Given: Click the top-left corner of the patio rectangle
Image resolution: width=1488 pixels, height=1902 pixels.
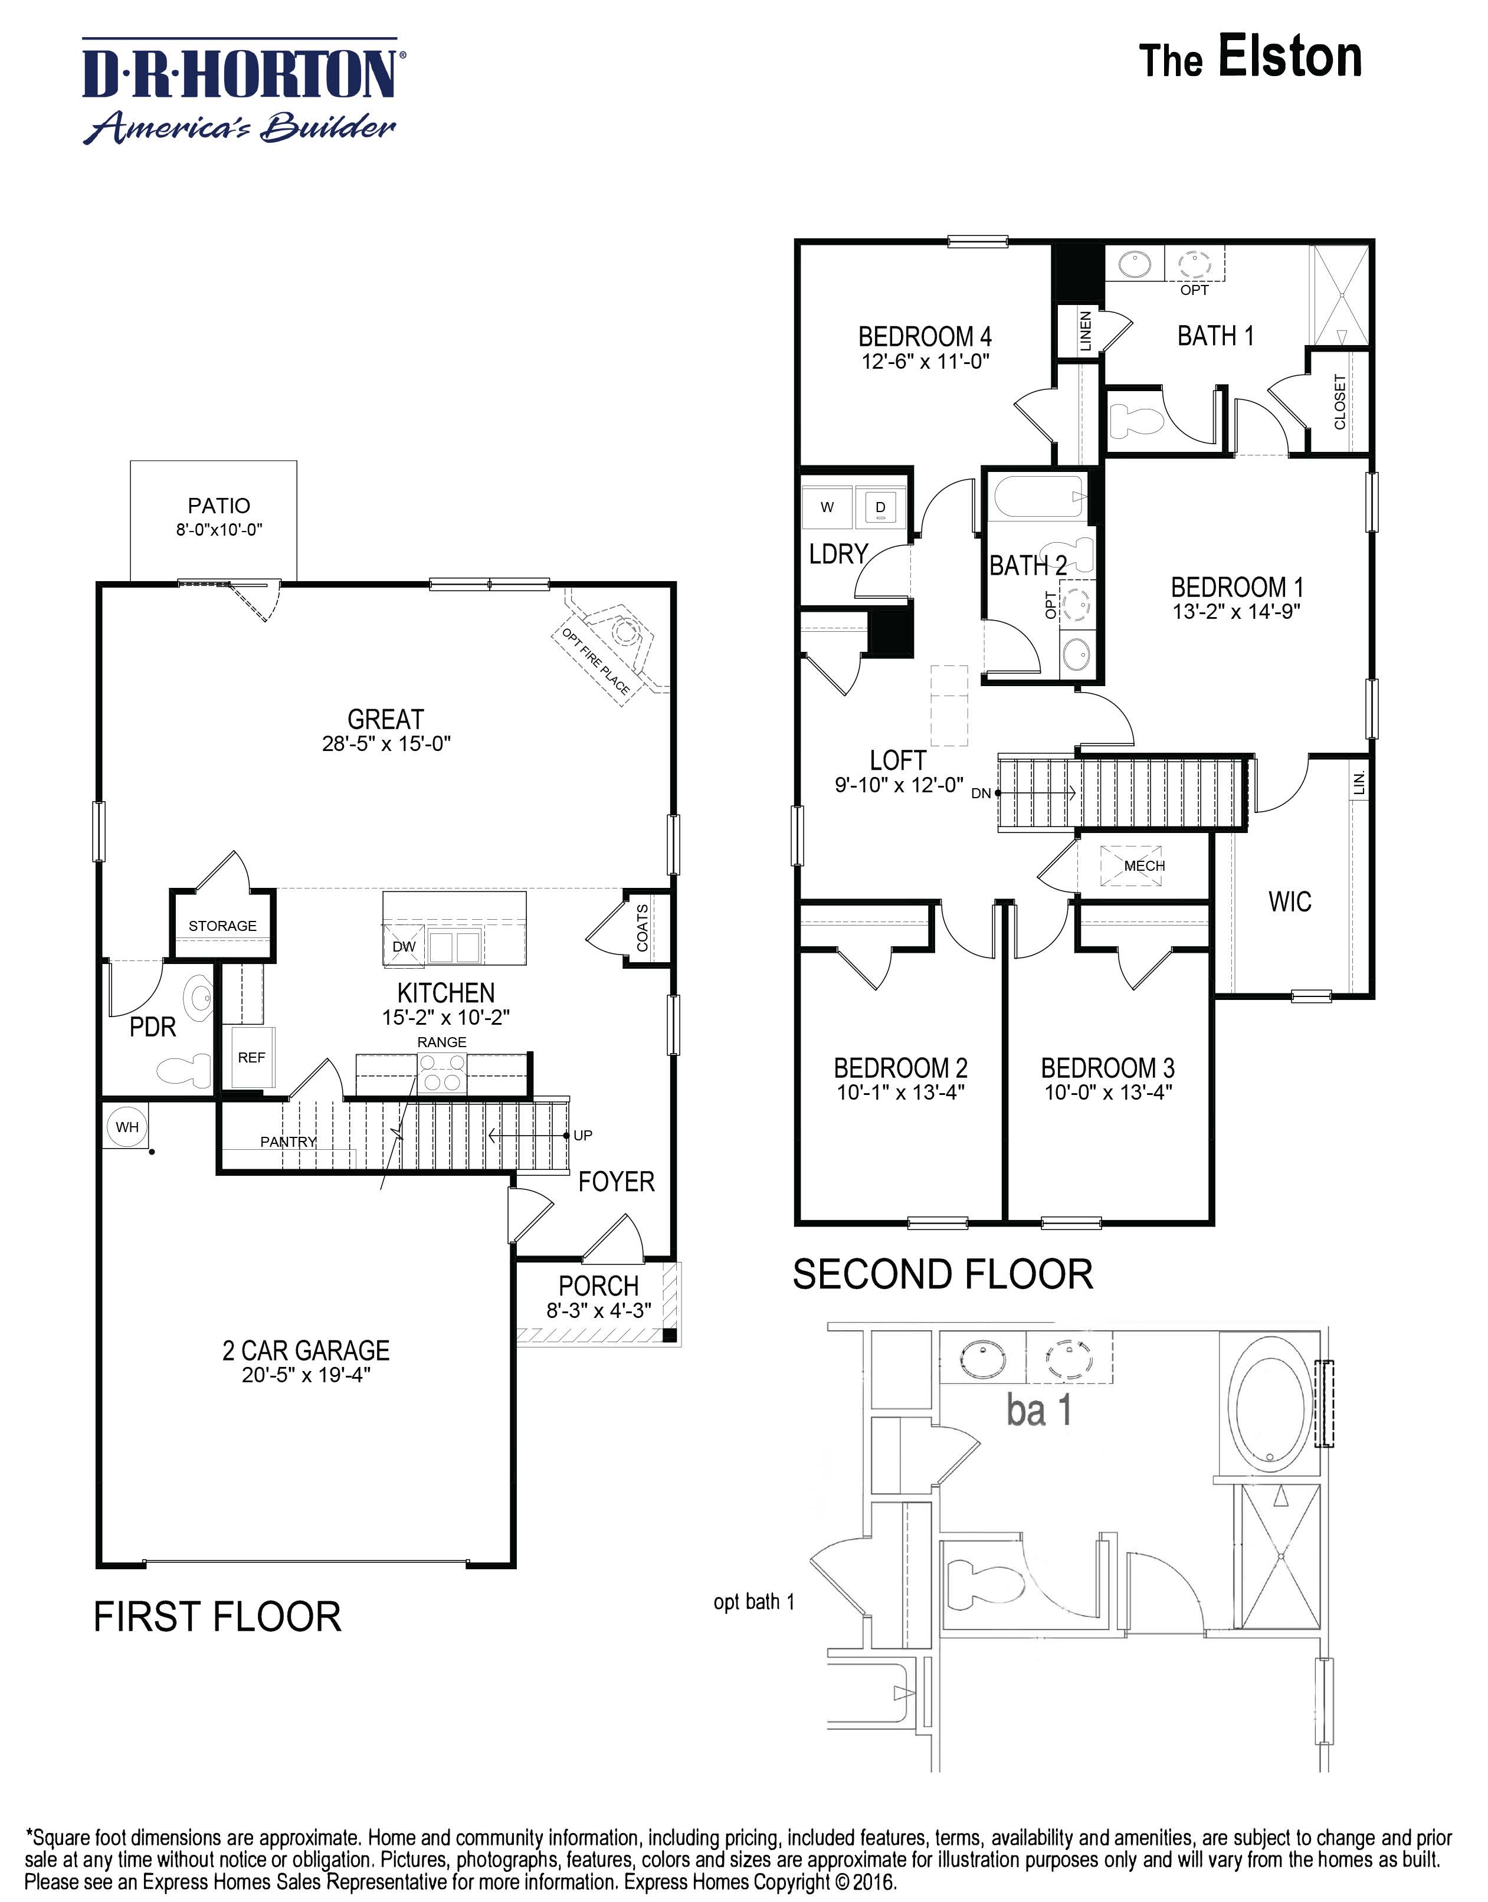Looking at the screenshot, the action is tap(130, 461).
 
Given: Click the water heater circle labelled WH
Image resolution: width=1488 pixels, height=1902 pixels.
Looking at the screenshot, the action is tap(127, 1127).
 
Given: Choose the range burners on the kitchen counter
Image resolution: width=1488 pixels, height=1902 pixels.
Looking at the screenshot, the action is tap(442, 1073).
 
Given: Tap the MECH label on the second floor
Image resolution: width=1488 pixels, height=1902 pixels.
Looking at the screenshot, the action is tap(1144, 865).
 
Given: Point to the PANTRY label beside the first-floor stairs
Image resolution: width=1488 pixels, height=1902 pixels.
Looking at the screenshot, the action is tap(289, 1142).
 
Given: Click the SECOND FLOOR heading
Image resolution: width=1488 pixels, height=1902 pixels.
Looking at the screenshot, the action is tap(943, 1274).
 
